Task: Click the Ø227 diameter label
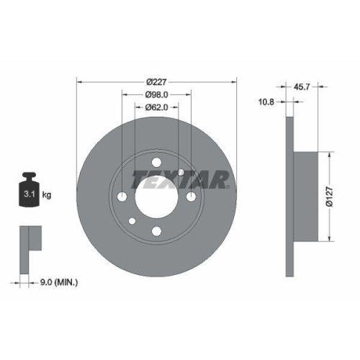157,81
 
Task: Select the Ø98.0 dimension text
157,94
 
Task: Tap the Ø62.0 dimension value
157,107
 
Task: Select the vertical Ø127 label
328,197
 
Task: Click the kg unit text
48,195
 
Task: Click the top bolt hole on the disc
156,161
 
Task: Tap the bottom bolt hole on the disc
156,231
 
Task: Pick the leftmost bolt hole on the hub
122,197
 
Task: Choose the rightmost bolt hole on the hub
191,197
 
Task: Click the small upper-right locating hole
181,172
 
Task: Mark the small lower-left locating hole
132,221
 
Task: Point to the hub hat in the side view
307,197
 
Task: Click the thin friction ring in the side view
290,197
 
